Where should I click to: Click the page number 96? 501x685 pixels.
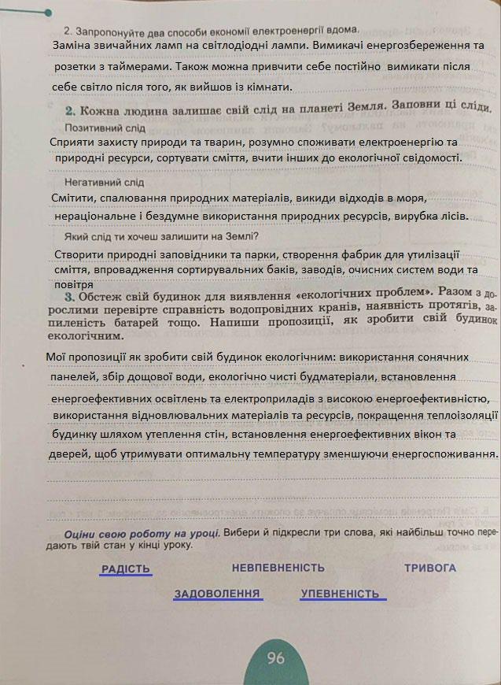click(275, 657)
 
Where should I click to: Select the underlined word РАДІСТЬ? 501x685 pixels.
click(125, 568)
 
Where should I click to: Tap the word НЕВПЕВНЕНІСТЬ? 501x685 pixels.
click(278, 568)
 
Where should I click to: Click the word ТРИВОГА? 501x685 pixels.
click(429, 568)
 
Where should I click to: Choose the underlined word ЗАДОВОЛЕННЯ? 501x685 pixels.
click(217, 594)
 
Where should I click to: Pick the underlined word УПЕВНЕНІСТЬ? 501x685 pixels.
click(340, 594)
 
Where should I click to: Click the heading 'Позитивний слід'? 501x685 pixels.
click(105, 128)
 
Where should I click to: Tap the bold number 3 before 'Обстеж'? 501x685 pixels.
click(70, 297)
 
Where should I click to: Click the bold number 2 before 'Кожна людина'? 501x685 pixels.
click(70, 111)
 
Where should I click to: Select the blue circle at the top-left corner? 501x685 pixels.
click(48, 13)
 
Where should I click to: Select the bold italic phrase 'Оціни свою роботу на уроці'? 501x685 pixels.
click(142, 533)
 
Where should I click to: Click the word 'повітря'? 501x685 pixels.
click(75, 284)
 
